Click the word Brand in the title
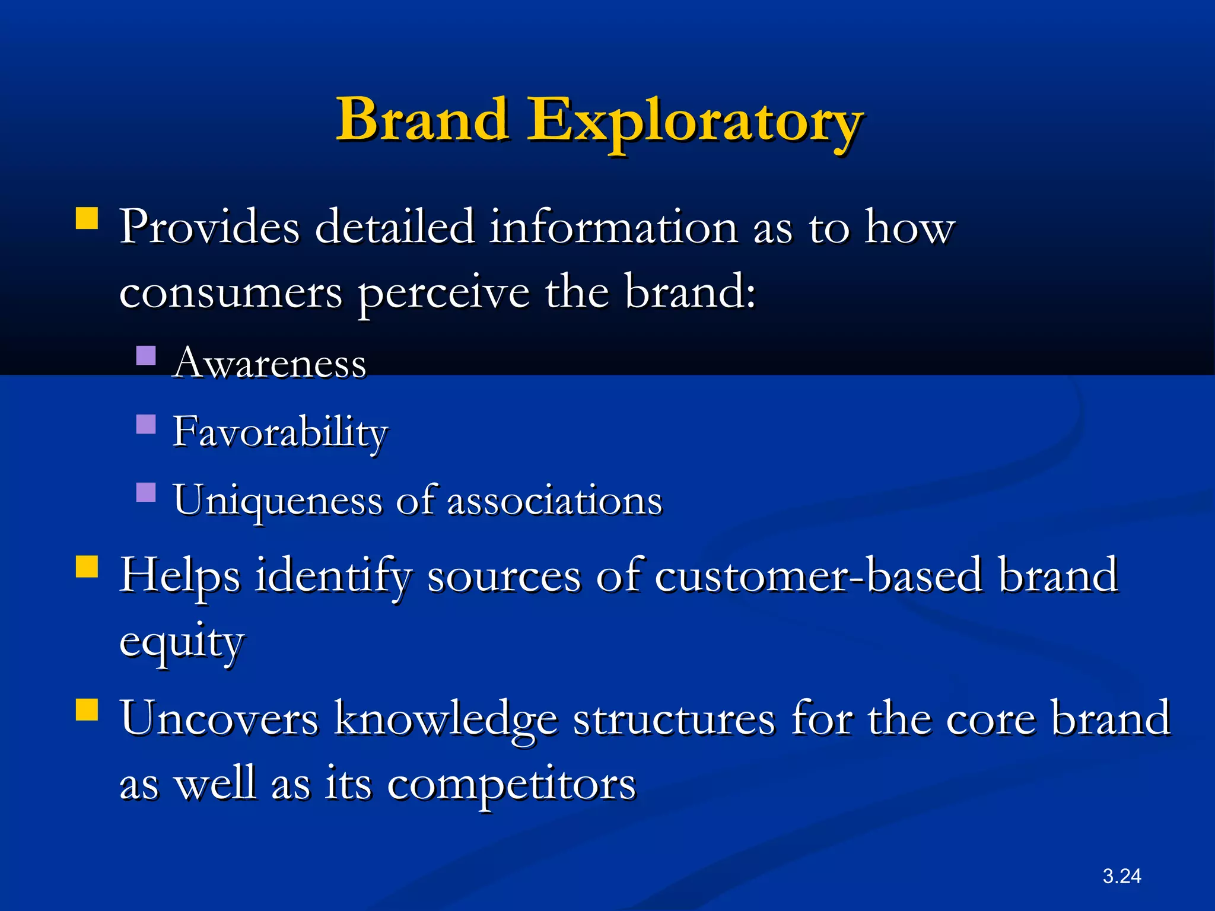(422, 120)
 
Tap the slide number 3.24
(1121, 876)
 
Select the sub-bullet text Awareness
(270, 363)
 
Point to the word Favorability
(280, 432)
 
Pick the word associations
(554, 501)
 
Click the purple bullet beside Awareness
(146, 355)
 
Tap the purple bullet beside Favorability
(146, 424)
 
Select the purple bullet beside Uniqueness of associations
(146, 492)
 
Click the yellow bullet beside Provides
(87, 218)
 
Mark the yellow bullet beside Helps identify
(87, 566)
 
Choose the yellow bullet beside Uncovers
(87, 709)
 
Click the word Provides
(209, 227)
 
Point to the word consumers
(231, 292)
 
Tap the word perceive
(443, 294)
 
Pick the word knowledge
(446, 719)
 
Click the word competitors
(511, 785)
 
